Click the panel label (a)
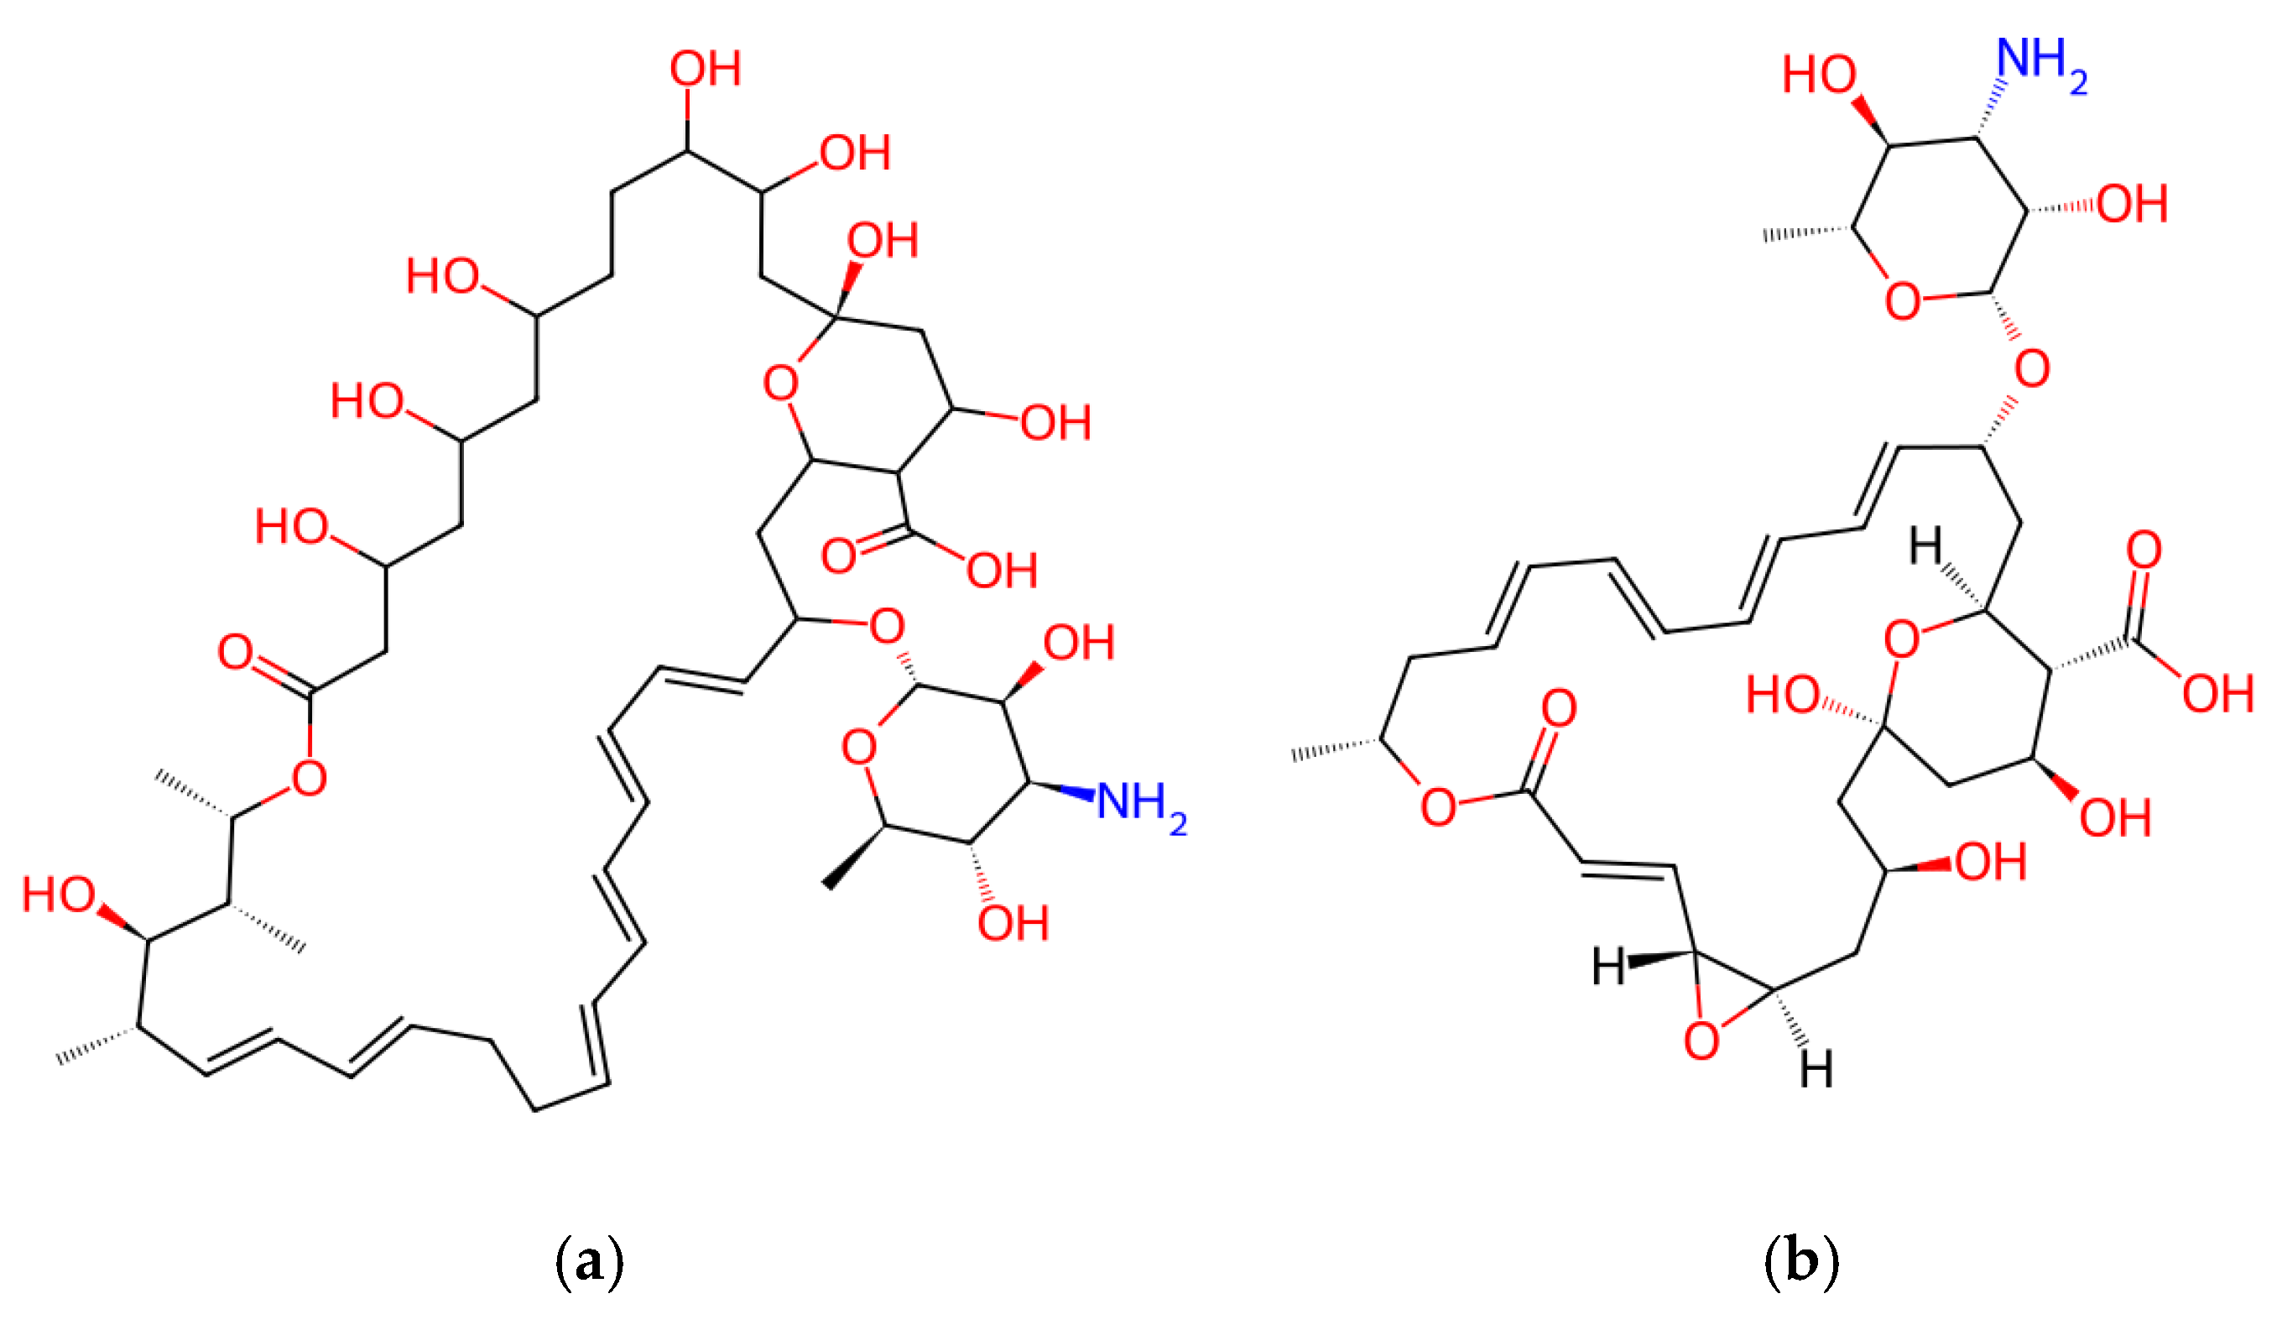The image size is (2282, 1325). coord(589,1260)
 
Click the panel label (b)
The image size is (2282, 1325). coord(1801,1260)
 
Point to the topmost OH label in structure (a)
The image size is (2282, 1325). coord(706,70)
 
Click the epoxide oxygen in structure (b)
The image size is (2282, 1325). coord(1701,1041)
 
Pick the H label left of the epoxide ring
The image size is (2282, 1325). coord(1609,967)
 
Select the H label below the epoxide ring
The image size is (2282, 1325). coord(1816,1070)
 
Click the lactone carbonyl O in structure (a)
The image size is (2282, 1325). coord(236,652)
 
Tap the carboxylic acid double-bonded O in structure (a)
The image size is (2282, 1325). coord(838,555)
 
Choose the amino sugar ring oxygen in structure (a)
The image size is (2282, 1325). coord(858,747)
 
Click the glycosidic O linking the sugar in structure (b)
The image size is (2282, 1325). coord(2032,368)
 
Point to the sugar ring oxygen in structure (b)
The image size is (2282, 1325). coord(1903,300)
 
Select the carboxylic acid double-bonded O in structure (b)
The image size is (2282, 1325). coord(2144,550)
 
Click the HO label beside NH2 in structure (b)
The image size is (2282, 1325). coord(1818,76)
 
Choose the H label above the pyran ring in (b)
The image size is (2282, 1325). coord(1925,546)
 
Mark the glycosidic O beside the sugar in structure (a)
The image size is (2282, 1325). coord(887,626)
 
